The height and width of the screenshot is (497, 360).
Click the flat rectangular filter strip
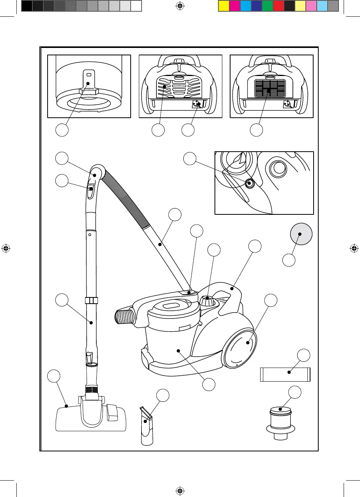285,374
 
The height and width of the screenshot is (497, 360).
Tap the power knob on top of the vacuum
208,301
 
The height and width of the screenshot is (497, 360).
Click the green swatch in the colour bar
268,6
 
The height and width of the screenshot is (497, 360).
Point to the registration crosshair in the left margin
6,248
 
